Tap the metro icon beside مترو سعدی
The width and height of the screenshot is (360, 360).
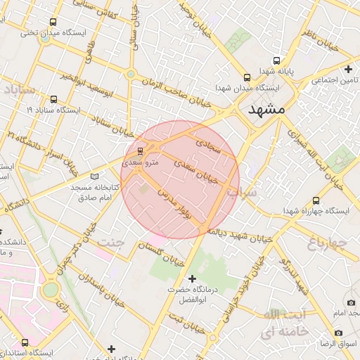pos(140,150)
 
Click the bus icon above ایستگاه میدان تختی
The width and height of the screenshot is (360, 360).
pos(54,22)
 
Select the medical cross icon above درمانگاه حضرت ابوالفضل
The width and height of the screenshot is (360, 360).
pos(192,279)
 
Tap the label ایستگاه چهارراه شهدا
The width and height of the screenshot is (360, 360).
pos(316,211)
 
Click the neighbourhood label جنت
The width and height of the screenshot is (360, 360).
pos(112,242)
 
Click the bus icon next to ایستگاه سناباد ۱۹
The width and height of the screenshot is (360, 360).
pos(54,99)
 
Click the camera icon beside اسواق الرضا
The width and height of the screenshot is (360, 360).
pos(339,332)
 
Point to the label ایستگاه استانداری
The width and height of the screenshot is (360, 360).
pos(42,352)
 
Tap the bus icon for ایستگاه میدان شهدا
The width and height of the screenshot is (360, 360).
pos(246,77)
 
